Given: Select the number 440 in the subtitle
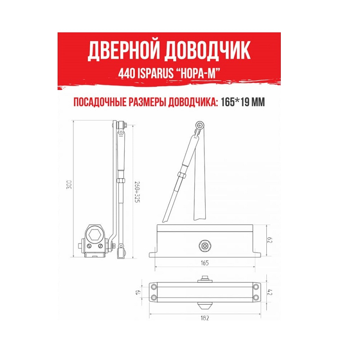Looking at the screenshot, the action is click(126, 73).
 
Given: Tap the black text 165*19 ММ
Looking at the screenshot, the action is click(243, 102).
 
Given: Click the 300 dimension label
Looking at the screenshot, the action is click(69, 184).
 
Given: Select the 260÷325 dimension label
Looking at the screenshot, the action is click(137, 193).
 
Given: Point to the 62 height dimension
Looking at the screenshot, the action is click(270, 240).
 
